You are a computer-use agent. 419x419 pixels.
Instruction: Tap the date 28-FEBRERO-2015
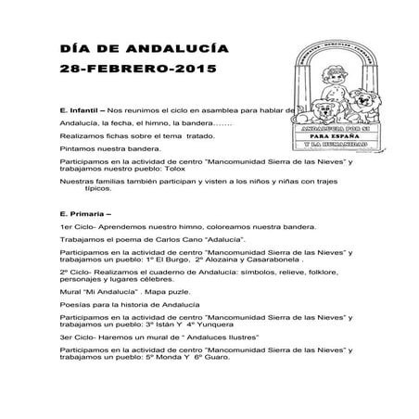pos(121,70)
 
